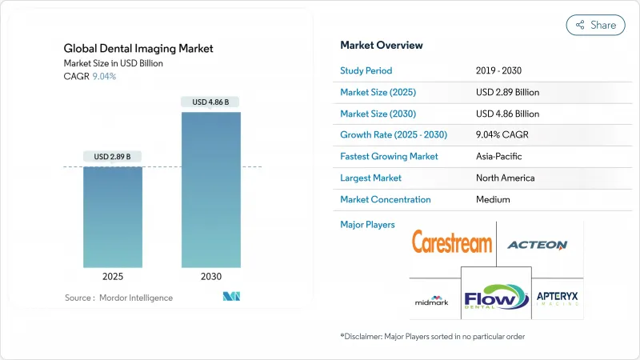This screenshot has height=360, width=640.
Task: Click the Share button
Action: [595, 25]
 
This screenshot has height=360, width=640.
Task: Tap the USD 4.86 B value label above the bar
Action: [210, 102]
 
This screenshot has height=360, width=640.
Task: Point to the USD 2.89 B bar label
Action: [113, 156]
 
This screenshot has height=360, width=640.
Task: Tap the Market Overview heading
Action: [382, 46]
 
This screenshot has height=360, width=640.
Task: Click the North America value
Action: [505, 178]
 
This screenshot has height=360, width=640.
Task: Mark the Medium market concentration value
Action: [492, 199]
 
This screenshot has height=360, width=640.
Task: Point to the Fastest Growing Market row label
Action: [389, 156]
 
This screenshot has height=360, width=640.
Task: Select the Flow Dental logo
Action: [495, 292]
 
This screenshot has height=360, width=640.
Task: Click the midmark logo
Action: [433, 301]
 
